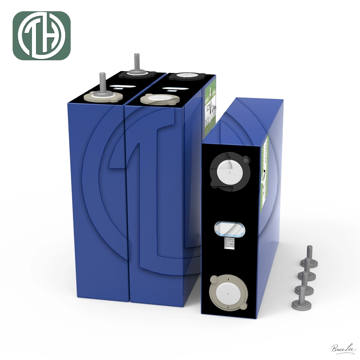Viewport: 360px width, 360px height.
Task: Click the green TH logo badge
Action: pos(41,36)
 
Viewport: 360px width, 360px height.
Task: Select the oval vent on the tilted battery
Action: pos(230,228)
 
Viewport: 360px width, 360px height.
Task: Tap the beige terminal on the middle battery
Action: pos(153,98)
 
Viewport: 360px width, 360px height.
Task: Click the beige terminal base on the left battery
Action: pos(103,95)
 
